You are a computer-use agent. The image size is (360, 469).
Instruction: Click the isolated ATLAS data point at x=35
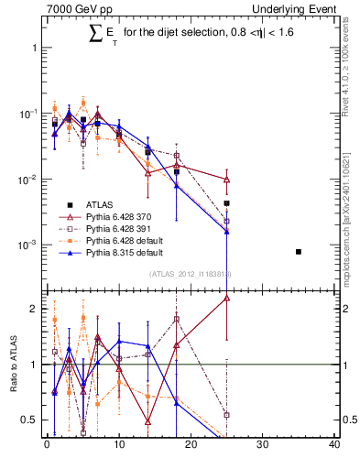click(x=299, y=251)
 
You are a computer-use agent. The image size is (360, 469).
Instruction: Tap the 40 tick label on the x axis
click(x=333, y=446)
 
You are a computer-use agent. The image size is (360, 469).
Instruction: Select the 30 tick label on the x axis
click(x=262, y=446)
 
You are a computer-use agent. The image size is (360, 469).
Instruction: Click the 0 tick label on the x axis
click(x=47, y=446)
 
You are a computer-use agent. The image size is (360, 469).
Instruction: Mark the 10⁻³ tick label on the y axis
click(x=27, y=245)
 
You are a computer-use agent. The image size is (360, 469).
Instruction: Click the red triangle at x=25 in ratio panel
click(x=226, y=298)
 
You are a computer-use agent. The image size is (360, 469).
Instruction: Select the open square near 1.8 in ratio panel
click(x=177, y=320)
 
